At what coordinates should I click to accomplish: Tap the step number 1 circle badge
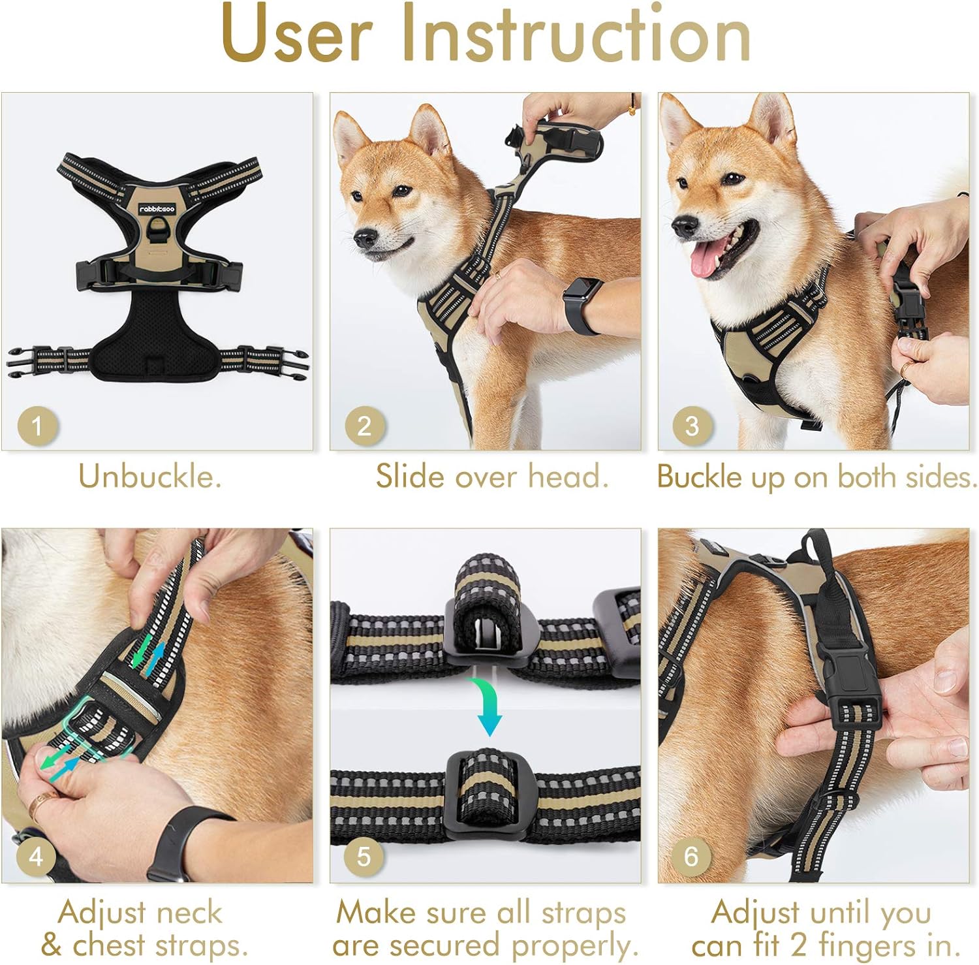(x=37, y=426)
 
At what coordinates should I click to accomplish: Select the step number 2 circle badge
(x=364, y=426)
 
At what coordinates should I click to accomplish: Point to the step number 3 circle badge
(x=692, y=426)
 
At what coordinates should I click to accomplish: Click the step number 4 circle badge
(x=37, y=856)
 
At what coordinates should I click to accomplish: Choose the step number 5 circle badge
(x=364, y=856)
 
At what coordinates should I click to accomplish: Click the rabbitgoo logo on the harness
(x=157, y=209)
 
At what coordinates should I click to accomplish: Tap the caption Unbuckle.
(x=150, y=477)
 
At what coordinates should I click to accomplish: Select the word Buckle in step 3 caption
(x=699, y=477)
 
